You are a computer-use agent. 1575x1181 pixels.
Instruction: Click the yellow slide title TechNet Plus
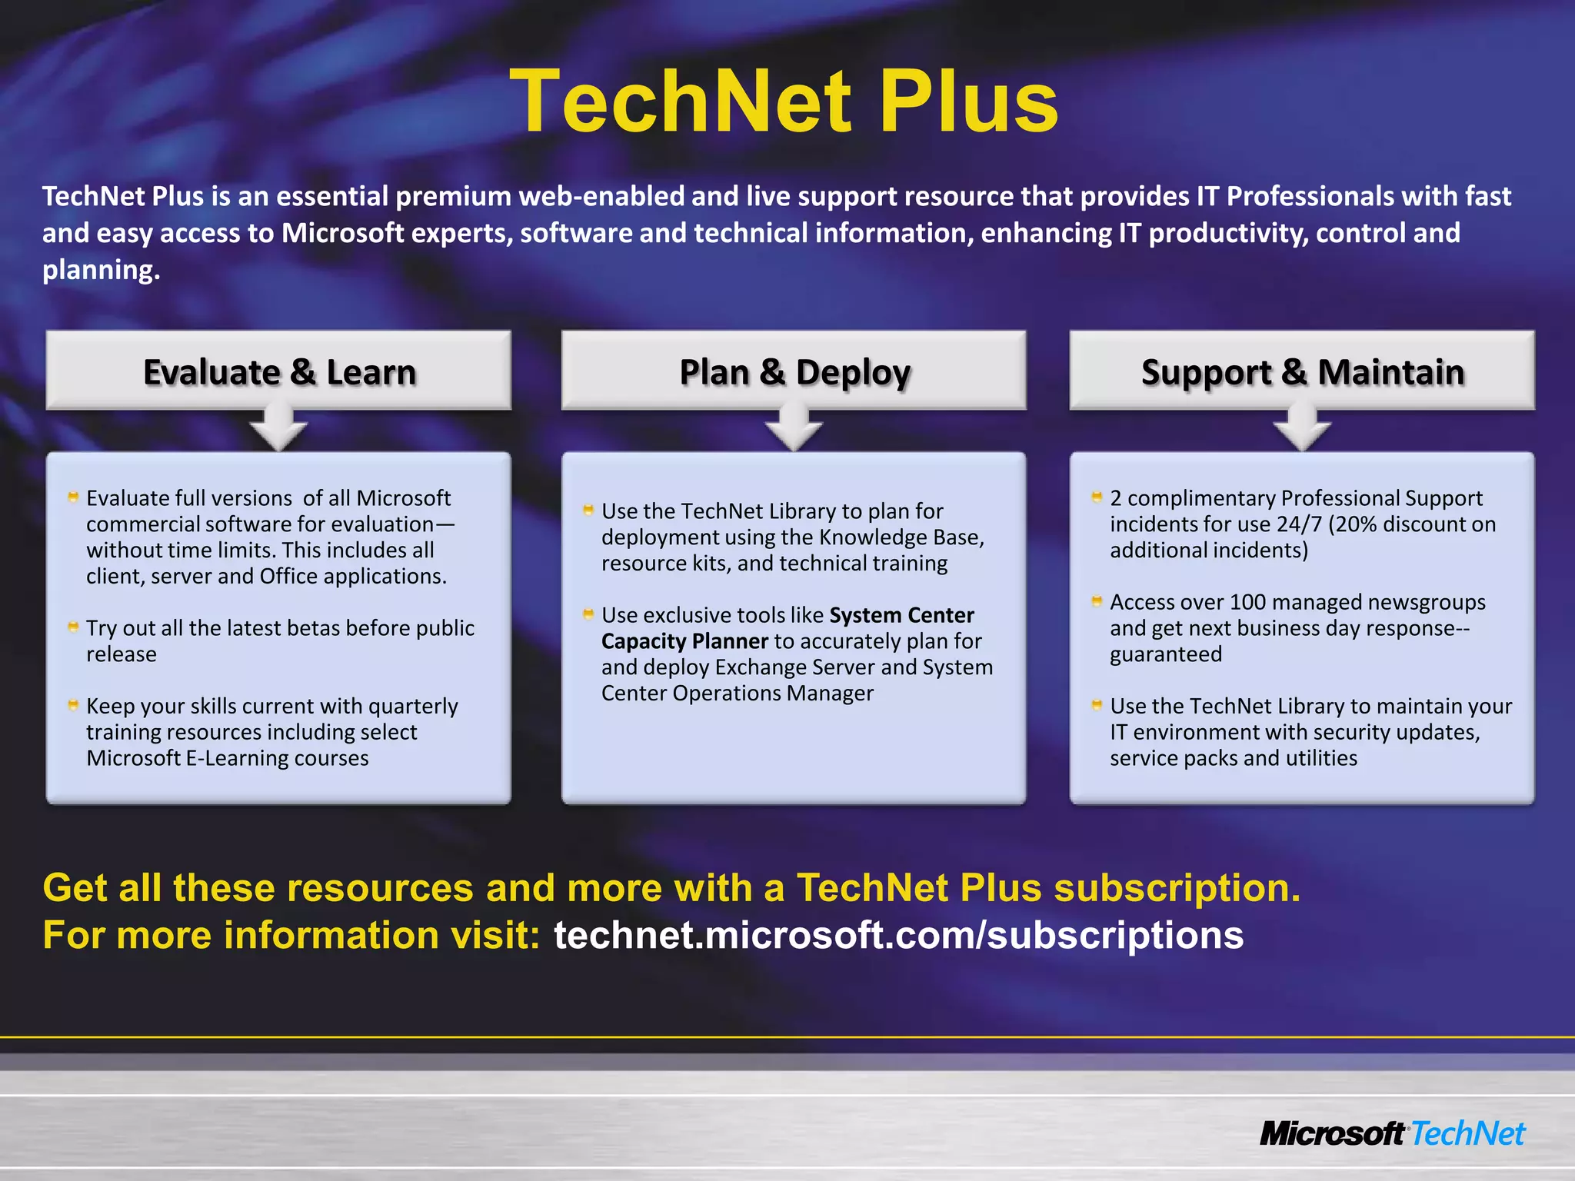[784, 101]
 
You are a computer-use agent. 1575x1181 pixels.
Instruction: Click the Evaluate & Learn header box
[278, 371]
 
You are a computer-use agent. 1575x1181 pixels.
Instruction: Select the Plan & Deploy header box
[794, 371]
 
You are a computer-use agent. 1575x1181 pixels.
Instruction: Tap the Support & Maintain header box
[1302, 371]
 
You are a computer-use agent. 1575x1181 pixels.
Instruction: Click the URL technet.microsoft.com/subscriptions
[898, 935]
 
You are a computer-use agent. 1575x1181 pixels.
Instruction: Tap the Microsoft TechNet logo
[1392, 1133]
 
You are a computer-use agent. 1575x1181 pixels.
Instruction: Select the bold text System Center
[901, 615]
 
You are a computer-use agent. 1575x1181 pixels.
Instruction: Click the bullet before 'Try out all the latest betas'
[73, 627]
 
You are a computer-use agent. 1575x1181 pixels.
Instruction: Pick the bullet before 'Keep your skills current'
[73, 704]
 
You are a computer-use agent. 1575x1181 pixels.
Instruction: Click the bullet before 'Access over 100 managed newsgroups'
[1097, 600]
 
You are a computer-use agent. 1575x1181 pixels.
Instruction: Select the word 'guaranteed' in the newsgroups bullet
[1165, 654]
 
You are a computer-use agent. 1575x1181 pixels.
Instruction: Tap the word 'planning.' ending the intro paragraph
[101, 270]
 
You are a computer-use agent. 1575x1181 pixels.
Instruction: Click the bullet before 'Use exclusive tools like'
[588, 614]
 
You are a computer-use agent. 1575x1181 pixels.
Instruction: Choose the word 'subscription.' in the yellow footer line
[1177, 887]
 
